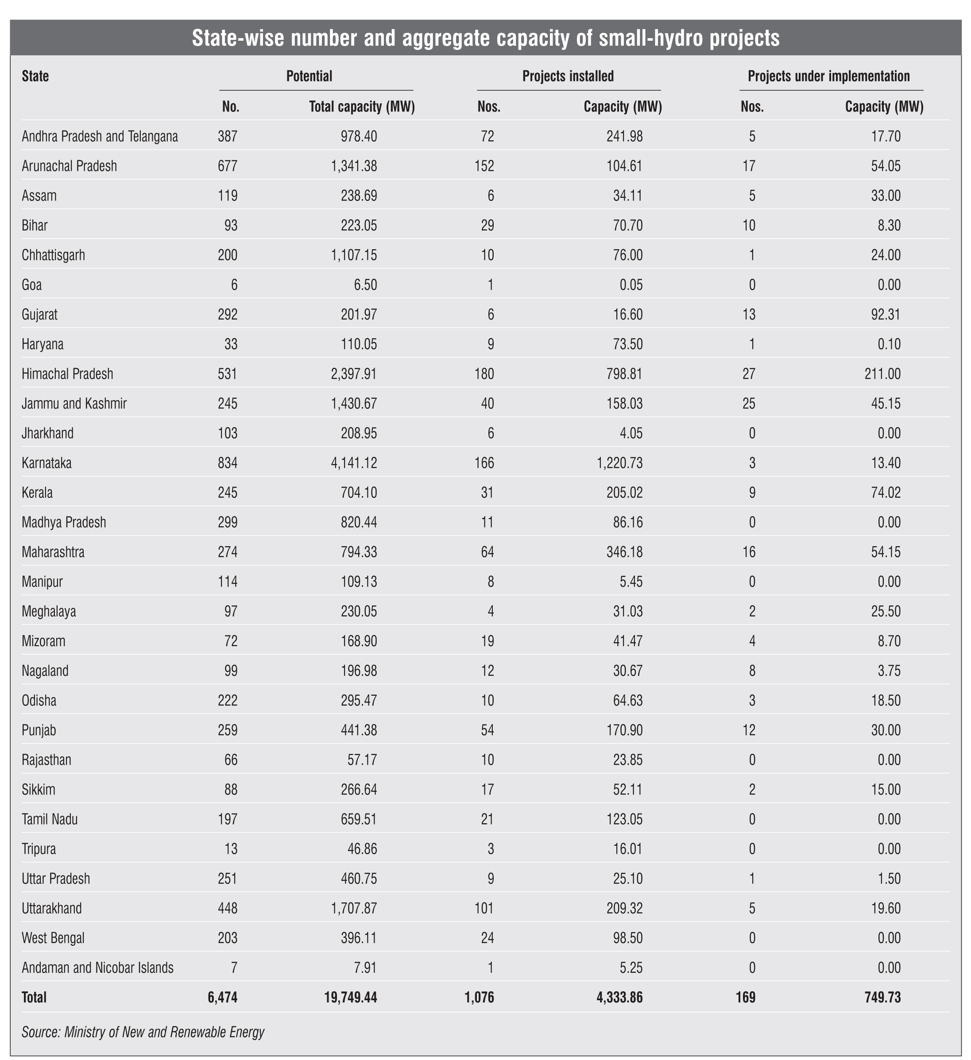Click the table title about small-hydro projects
[485, 39]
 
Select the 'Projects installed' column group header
[568, 76]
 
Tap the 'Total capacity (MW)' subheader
[362, 107]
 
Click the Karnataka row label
[47, 463]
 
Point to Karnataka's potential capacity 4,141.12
[353, 463]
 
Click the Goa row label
[31, 285]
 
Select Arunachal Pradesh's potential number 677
[228, 166]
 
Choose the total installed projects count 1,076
[479, 998]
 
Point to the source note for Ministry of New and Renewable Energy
[143, 1032]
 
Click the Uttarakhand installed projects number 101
[484, 908]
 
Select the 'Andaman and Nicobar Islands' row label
[97, 967]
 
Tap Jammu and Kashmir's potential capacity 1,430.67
[353, 404]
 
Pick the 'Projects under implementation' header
[828, 76]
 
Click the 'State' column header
[35, 76]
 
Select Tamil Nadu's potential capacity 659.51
[358, 819]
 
